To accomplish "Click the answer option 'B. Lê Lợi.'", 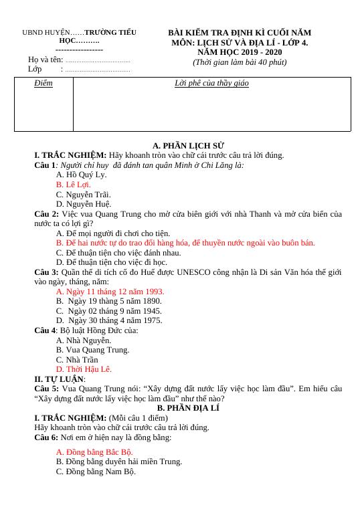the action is pyautogui.click(x=74, y=184).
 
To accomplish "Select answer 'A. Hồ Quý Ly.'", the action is pyautogui.click(x=81, y=175).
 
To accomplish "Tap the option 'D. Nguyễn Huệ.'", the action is pyautogui.click(x=84, y=204).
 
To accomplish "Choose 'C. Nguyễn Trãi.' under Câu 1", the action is pyautogui.click(x=83, y=194).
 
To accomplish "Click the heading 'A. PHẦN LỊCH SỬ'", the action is pyautogui.click(x=188, y=145).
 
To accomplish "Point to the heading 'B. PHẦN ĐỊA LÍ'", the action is pyautogui.click(x=188, y=407).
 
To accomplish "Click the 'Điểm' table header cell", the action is pyautogui.click(x=43, y=84).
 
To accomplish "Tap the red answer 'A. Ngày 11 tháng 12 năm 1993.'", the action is pyautogui.click(x=110, y=292).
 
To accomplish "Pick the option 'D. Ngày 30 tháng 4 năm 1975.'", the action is pyautogui.click(x=110, y=320).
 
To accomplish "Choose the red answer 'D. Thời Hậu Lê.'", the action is pyautogui.click(x=84, y=369).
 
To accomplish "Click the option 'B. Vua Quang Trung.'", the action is pyautogui.click(x=92, y=349).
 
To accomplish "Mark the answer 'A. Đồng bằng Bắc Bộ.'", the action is pyautogui.click(x=94, y=452).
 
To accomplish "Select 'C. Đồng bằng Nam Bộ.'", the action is pyautogui.click(x=96, y=472).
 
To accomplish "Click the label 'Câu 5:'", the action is pyautogui.click(x=46, y=388).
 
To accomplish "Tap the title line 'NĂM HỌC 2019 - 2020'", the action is pyautogui.click(x=239, y=52).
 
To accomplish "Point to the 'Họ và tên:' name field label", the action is pyautogui.click(x=46, y=60).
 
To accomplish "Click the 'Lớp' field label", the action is pyautogui.click(x=35, y=69).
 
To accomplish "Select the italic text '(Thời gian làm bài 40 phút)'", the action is pyautogui.click(x=239, y=62).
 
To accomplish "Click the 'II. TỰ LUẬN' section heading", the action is pyautogui.click(x=59, y=379).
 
